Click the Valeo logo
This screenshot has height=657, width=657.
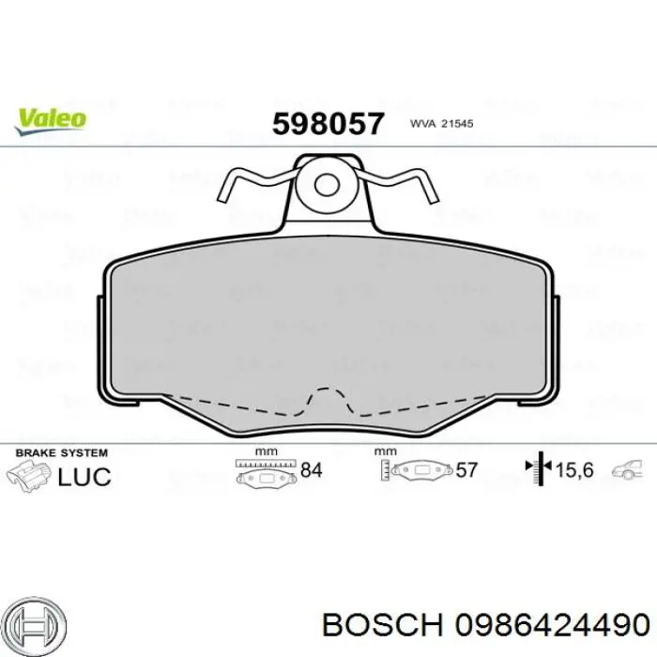coord(51,121)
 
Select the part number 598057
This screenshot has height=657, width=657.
coord(328,124)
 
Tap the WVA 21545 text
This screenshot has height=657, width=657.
coord(442,124)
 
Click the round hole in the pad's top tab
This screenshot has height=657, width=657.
coord(327,185)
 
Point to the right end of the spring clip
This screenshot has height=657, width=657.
coord(433,200)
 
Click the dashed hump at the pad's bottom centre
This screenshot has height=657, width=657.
coord(328,400)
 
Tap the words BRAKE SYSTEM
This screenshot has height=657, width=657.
coord(62,453)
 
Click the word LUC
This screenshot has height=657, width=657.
coord(84,477)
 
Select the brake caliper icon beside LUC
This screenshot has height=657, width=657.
coord(29,476)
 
